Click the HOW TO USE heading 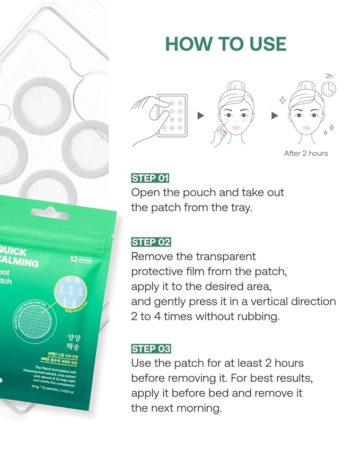[225, 44]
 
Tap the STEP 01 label [151, 178]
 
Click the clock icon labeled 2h [329, 88]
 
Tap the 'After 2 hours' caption [306, 153]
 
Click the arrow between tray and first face [201, 116]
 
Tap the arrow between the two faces [275, 116]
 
